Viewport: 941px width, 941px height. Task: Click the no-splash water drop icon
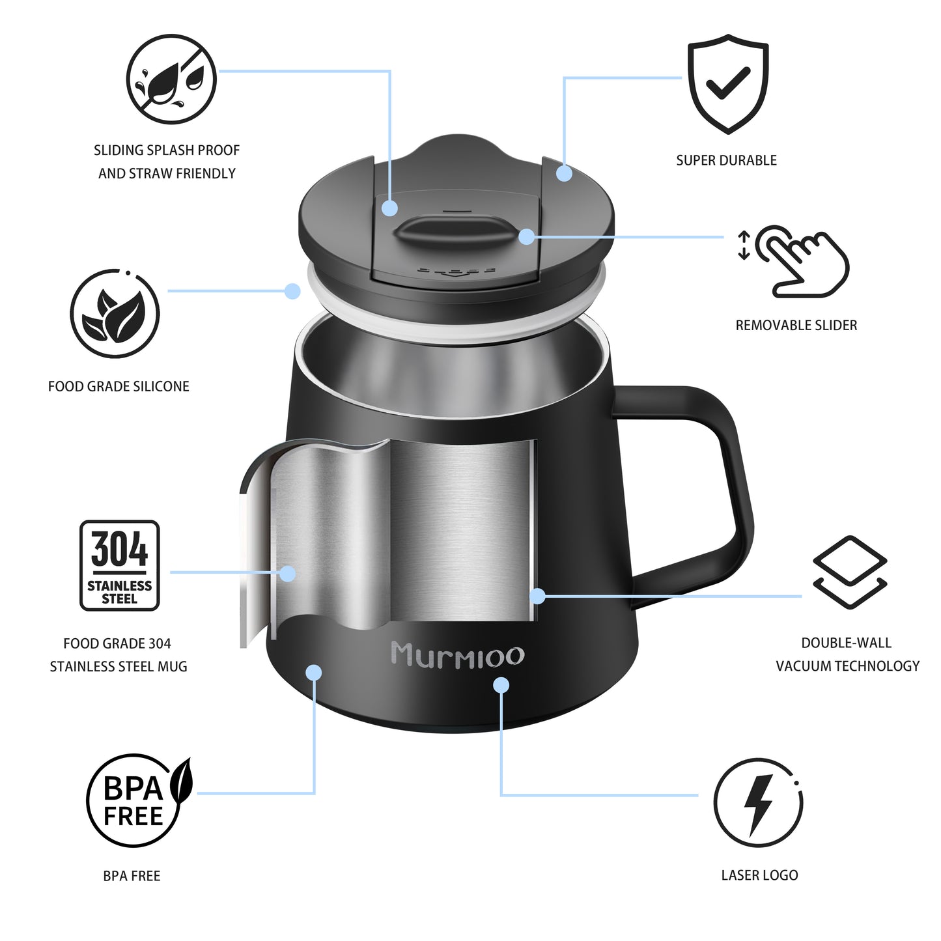(171, 79)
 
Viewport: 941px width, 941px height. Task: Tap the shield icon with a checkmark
(728, 83)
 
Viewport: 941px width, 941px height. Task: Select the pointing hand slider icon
(794, 261)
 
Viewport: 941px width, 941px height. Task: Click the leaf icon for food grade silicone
(115, 313)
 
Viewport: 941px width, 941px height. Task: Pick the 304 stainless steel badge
(120, 565)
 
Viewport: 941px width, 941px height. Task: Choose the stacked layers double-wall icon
(850, 572)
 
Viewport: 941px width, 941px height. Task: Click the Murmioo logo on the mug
(458, 654)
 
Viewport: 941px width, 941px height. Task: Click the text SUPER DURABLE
(726, 160)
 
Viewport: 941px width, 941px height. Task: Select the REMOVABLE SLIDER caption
(796, 325)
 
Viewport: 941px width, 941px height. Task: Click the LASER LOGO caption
(760, 875)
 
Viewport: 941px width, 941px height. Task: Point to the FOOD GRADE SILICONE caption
(119, 386)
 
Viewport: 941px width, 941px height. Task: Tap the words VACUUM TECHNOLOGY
(848, 666)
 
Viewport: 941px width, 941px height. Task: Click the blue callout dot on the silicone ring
(292, 291)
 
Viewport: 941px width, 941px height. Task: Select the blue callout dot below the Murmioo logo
(501, 685)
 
